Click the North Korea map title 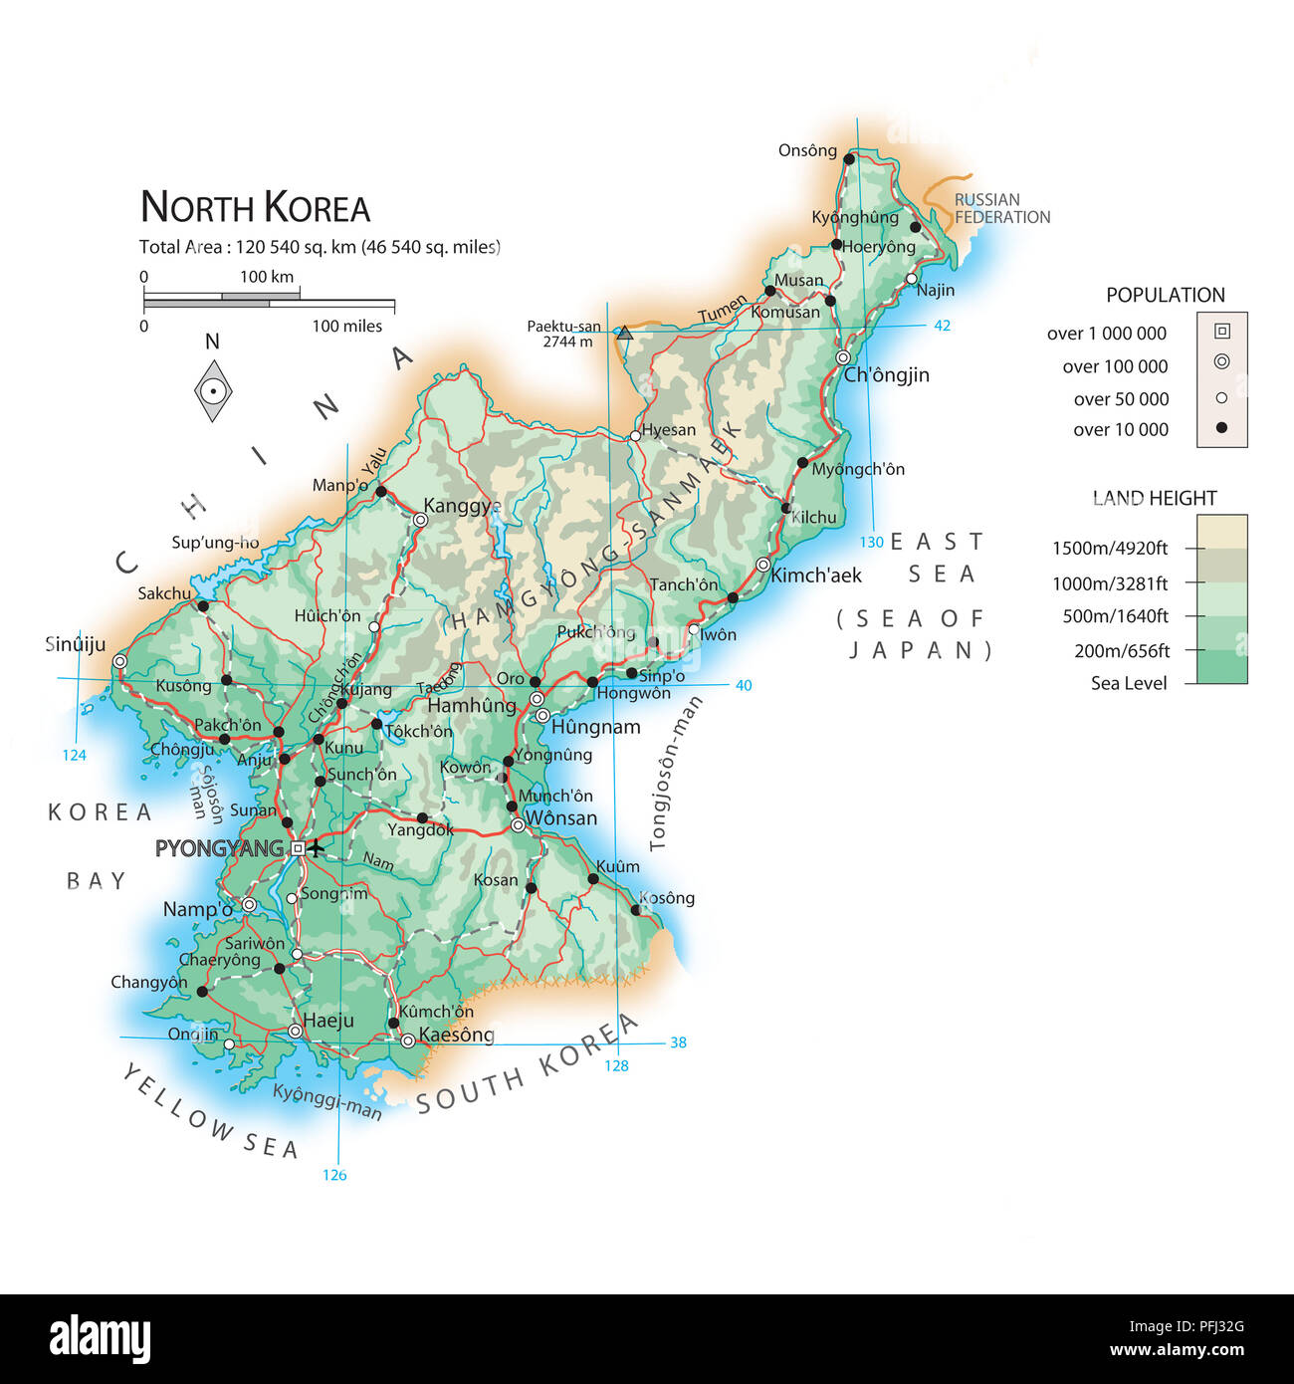click(x=255, y=207)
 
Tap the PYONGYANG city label click(x=219, y=848)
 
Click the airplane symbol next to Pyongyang click(x=316, y=848)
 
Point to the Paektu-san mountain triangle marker click(x=624, y=334)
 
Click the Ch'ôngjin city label click(x=886, y=375)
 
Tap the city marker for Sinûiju click(x=119, y=661)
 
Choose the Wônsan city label click(x=560, y=818)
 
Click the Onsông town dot click(x=849, y=159)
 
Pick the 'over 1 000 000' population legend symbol click(x=1222, y=332)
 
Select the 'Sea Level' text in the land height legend click(x=1129, y=683)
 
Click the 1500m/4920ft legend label click(x=1110, y=548)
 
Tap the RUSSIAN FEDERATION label click(x=1001, y=208)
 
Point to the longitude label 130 click(x=871, y=543)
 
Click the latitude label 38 click(x=678, y=1042)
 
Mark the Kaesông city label click(x=456, y=1035)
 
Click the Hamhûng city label click(x=472, y=706)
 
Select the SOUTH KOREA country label click(x=527, y=1063)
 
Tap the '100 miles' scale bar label click(x=346, y=326)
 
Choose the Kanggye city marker click(x=420, y=520)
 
